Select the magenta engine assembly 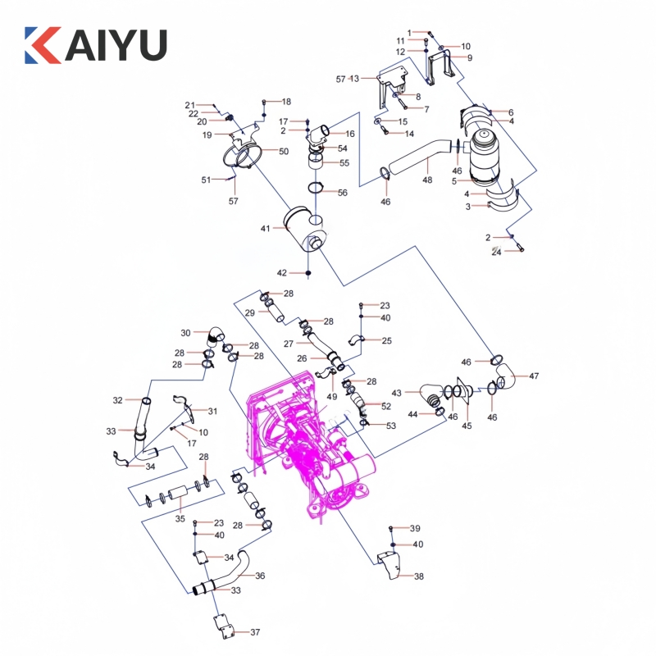pos(316,447)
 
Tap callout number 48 pos(427,180)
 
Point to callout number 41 pos(265,228)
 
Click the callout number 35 pos(180,518)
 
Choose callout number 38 pos(419,576)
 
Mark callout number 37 pos(255,632)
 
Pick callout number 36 pos(260,576)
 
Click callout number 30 pos(185,333)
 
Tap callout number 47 pos(534,376)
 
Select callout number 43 pos(396,393)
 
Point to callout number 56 pos(343,193)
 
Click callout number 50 pos(284,152)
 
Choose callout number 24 pos(496,253)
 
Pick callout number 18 pos(286,102)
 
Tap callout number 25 pos(386,340)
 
